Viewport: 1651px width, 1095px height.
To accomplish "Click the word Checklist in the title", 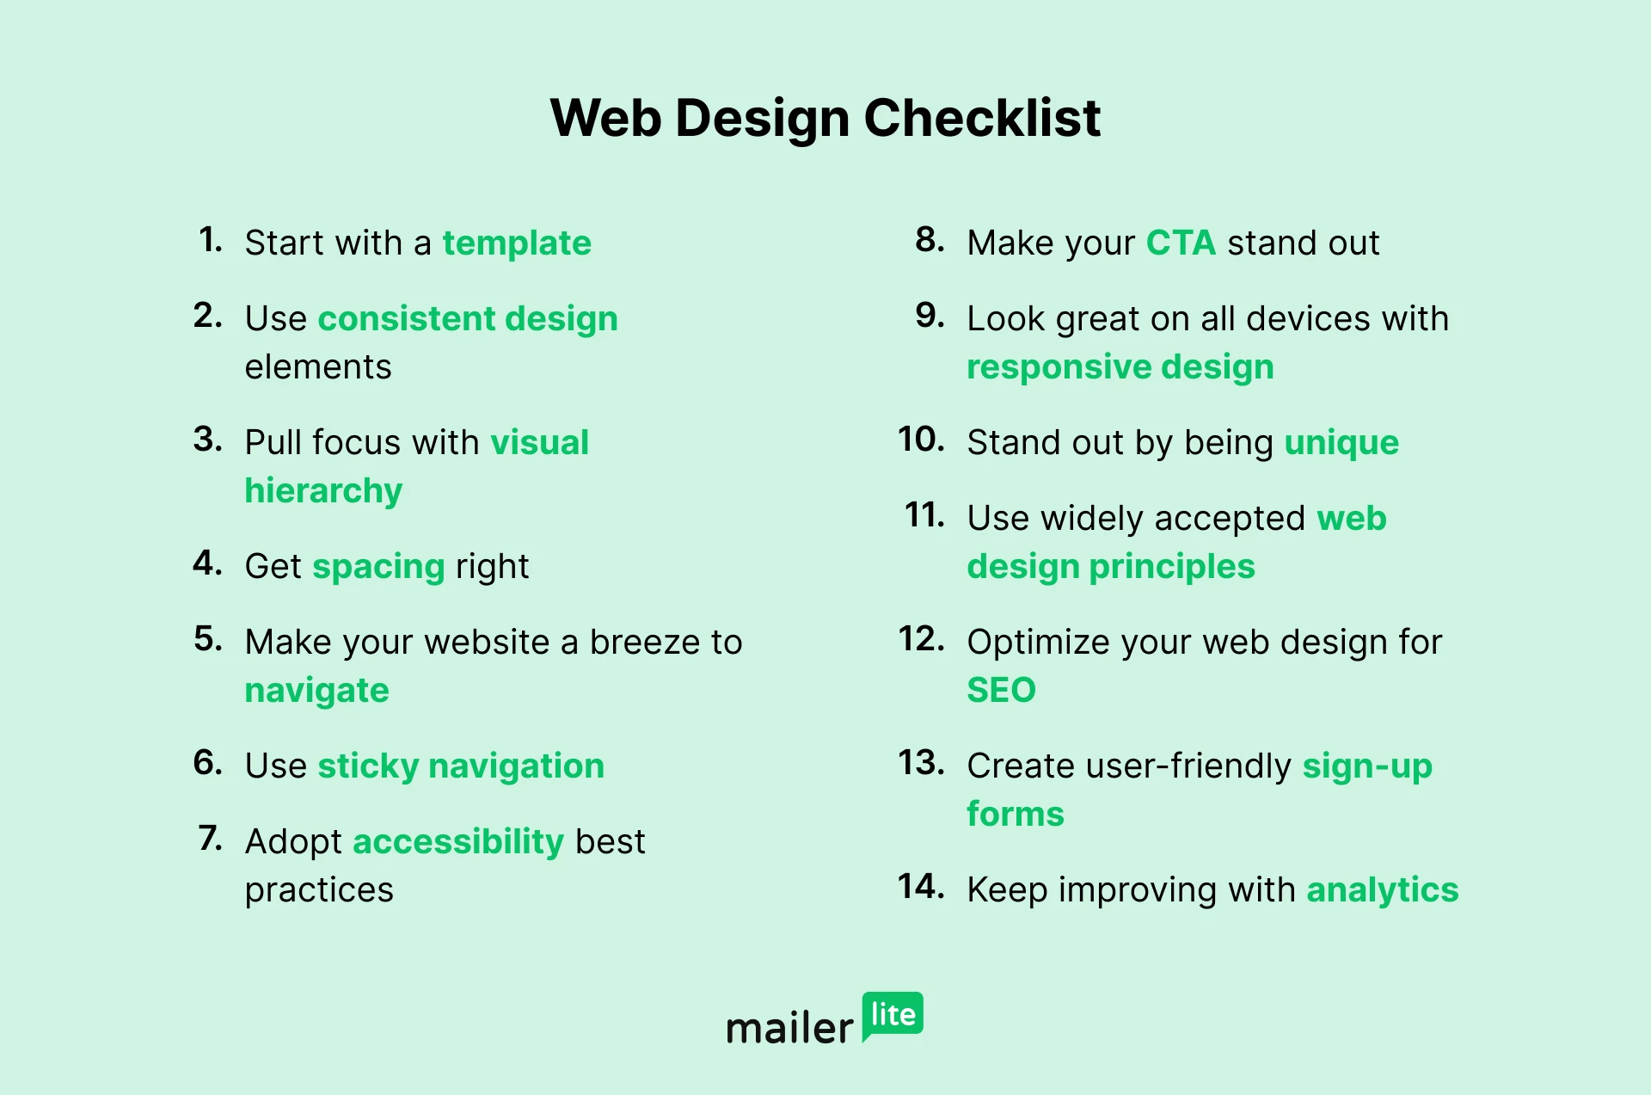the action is pos(982,118).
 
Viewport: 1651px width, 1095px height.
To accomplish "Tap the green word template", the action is pos(517,243).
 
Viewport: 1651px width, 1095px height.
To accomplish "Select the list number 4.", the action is pos(207,563).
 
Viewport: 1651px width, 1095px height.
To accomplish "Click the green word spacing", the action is pos(378,568).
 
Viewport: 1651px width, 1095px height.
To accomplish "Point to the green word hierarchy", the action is pos(323,491).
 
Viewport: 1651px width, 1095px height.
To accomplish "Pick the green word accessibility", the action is pos(458,842).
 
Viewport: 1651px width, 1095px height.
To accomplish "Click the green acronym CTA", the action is pos(1181,243).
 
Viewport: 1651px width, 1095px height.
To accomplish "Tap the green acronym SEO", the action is pos(1001,691).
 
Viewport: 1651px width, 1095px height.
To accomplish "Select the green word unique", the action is pos(1341,444).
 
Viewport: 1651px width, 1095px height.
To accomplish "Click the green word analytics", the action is pos(1383,890).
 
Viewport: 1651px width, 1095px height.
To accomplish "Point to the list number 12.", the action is pos(921,639).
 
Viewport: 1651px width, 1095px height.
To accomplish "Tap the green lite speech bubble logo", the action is pos(893,1016).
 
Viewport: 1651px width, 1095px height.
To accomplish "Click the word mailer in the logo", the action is pos(789,1027).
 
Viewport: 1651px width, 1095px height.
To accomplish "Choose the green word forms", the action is pos(1016,815).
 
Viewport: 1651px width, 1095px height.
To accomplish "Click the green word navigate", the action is pos(316,692).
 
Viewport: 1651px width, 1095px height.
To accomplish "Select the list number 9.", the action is pos(930,316).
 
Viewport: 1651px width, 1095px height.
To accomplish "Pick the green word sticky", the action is pos(368,766).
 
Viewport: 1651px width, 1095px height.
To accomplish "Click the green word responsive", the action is pos(1059,368).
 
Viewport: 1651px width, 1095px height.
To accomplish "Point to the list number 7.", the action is pos(210,839).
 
